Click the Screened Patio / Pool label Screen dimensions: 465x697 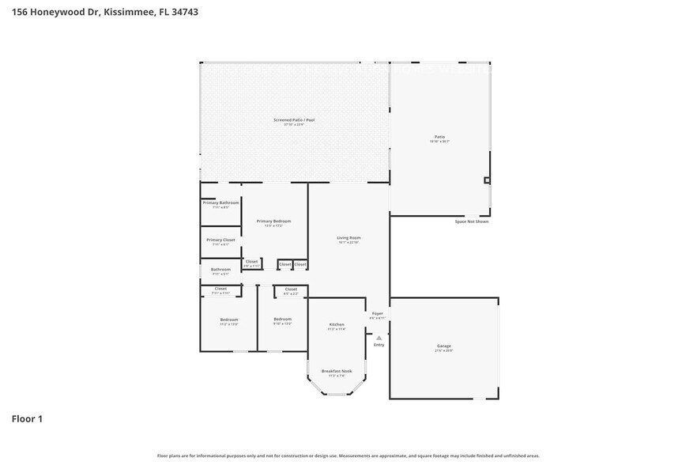point(294,120)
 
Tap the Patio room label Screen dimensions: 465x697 point(439,137)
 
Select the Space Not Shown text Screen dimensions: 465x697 point(471,221)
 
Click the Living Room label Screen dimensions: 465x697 point(348,237)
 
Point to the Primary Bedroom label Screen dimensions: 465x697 point(273,221)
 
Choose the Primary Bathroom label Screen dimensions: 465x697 point(220,203)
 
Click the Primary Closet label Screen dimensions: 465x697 point(220,240)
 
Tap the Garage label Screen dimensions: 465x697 point(444,346)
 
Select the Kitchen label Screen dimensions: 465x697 point(337,325)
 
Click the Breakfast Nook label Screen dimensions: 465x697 point(337,371)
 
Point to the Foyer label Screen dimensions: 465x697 point(378,314)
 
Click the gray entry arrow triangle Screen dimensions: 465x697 point(379,338)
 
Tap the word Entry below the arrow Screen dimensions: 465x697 point(379,345)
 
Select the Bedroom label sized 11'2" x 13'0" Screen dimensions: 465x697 point(229,319)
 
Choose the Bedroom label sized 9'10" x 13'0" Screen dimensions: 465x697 point(282,319)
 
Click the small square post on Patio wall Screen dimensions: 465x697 point(487,180)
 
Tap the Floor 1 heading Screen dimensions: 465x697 point(26,418)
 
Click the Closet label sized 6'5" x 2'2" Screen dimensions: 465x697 point(291,289)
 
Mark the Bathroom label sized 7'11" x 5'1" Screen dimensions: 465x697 point(220,270)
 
